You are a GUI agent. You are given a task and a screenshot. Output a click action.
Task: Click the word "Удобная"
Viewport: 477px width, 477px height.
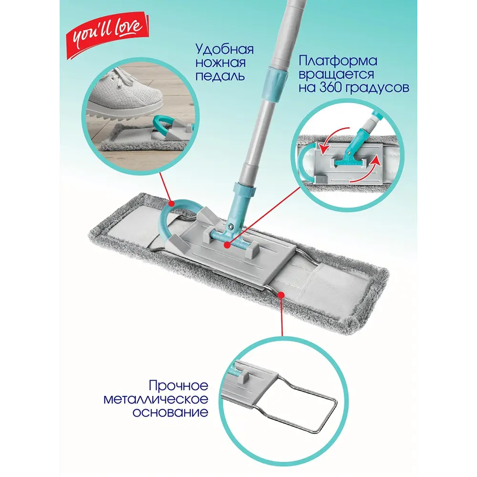point(224,50)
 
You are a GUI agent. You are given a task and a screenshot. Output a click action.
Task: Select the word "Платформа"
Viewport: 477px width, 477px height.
point(338,62)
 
